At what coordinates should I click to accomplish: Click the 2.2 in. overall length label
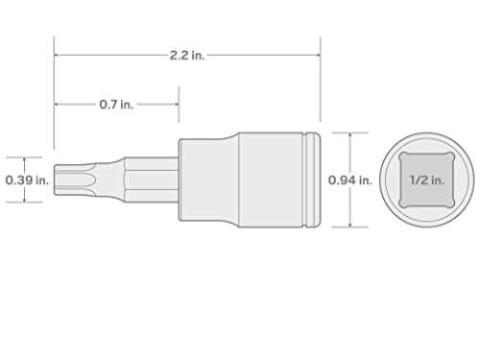point(187,56)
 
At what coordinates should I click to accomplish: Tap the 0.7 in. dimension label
point(116,105)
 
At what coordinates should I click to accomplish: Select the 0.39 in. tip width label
point(27,180)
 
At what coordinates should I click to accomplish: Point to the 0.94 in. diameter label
point(350,180)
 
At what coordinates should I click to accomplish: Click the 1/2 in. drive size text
point(427,180)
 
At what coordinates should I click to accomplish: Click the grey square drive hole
point(427,180)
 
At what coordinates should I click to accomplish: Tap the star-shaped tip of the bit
point(75,180)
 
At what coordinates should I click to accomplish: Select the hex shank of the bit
point(151,180)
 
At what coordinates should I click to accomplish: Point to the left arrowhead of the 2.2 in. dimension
point(56,55)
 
